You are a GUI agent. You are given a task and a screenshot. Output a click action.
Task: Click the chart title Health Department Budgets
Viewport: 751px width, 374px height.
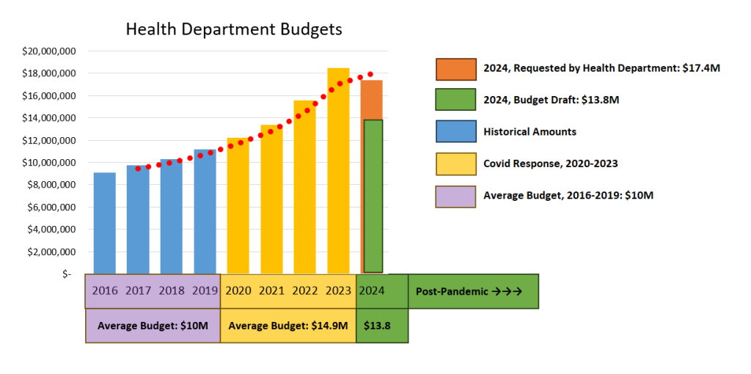(x=234, y=29)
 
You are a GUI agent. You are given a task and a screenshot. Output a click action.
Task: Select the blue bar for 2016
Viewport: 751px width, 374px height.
(x=104, y=224)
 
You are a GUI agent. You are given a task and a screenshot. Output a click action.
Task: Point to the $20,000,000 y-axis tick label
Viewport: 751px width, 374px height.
(x=55, y=51)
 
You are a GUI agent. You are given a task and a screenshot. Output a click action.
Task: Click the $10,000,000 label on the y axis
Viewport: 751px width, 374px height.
(x=55, y=162)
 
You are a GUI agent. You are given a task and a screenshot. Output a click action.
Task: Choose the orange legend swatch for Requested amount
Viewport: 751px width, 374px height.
(x=455, y=68)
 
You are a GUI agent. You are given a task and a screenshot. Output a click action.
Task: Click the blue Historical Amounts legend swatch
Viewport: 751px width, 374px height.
(x=455, y=132)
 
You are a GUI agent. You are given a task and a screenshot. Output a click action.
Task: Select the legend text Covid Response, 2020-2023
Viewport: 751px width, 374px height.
(x=550, y=164)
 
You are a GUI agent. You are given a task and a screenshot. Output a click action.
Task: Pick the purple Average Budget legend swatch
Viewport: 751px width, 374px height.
(x=455, y=196)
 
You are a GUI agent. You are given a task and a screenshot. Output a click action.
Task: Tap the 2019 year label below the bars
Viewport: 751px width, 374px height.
(x=205, y=290)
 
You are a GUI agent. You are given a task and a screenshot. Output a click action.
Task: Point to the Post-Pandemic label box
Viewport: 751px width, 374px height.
(x=473, y=291)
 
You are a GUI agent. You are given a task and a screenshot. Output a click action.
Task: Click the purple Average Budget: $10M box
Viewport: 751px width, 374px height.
(x=153, y=326)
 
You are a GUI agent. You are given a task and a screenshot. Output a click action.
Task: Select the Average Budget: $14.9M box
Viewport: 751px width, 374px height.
(x=288, y=326)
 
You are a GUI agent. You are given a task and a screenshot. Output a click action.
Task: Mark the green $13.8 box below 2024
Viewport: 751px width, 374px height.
(x=381, y=326)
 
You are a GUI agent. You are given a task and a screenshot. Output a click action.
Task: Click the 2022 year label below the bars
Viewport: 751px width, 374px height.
(x=305, y=290)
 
